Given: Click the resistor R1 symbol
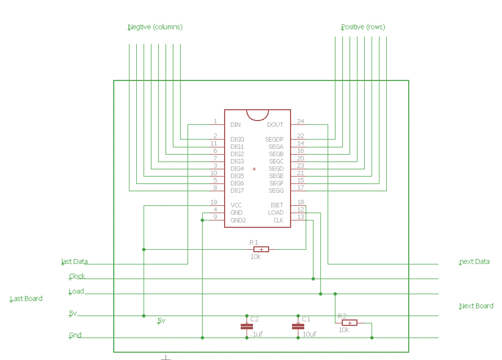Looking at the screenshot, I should [x=261, y=249].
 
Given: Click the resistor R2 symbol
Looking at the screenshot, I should [x=350, y=323].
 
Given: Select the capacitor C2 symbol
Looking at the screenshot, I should [x=246, y=326].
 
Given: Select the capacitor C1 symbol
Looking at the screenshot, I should [x=298, y=326].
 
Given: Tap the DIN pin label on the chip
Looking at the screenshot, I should [x=236, y=125].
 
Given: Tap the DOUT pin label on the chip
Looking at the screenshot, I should [x=275, y=125].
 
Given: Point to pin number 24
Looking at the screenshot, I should [x=301, y=121].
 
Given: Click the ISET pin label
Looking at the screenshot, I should [x=276, y=205].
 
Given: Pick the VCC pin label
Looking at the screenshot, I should [x=236, y=205].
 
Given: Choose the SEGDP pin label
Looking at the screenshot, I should [x=275, y=140].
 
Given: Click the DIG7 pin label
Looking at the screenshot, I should [x=237, y=191].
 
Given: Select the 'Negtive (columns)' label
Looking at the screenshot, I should [x=155, y=27].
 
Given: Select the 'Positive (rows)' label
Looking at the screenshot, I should [x=363, y=27].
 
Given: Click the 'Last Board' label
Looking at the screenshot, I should [x=26, y=299].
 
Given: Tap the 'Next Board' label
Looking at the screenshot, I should [x=477, y=306].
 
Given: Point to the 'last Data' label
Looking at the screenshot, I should [x=75, y=262].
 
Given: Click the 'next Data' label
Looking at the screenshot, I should [x=475, y=262].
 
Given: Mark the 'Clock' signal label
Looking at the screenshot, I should [x=77, y=277].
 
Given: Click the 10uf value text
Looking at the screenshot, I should [x=309, y=335].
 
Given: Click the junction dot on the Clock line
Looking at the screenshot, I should [x=313, y=279].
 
